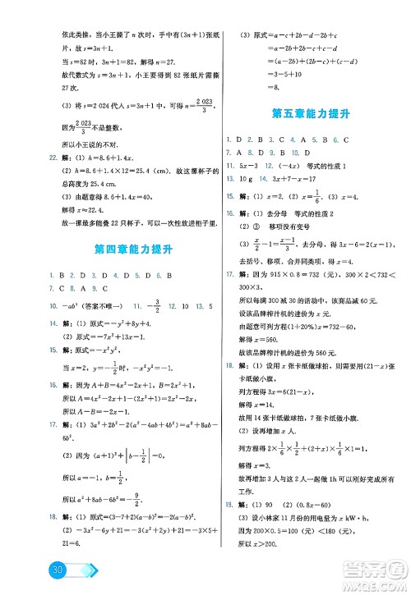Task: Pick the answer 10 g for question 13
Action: [x=247, y=176]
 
